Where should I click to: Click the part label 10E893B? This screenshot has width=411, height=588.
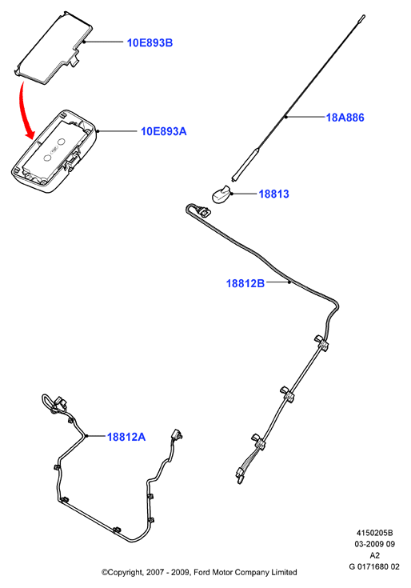click(150, 42)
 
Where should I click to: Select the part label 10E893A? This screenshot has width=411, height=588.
click(163, 131)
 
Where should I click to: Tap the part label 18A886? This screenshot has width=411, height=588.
click(345, 118)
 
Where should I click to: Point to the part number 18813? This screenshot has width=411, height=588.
click(274, 194)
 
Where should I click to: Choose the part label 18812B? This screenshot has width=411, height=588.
click(245, 283)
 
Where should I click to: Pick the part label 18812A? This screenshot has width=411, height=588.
click(126, 437)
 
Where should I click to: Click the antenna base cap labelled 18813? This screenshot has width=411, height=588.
click(221, 194)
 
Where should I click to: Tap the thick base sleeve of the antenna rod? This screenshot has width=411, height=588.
click(244, 164)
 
